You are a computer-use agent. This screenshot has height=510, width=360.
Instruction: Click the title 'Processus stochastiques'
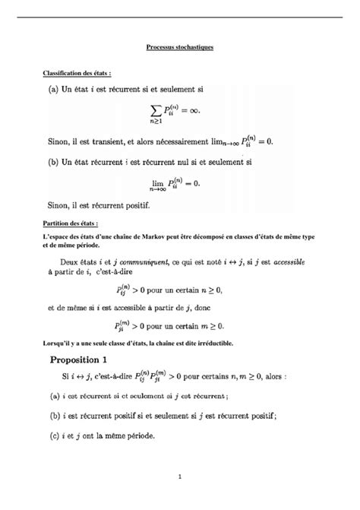click(x=180, y=47)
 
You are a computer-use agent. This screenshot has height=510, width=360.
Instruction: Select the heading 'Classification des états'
click(x=77, y=73)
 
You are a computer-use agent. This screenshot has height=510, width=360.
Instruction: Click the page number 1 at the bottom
click(x=180, y=477)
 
